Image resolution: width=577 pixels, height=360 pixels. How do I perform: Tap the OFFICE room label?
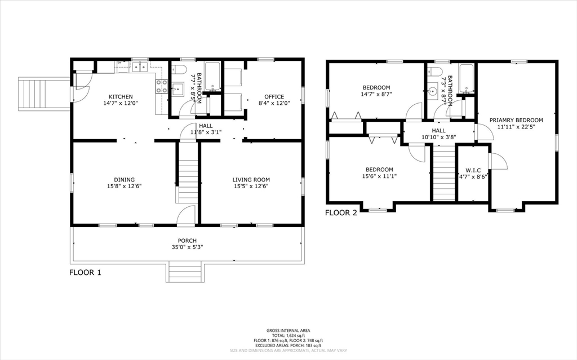click(x=274, y=97)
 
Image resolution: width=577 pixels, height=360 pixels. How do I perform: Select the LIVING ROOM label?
click(x=251, y=180)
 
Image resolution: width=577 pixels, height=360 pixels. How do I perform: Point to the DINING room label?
click(x=124, y=180)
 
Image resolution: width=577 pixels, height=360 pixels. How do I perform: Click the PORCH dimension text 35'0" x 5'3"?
click(x=187, y=247)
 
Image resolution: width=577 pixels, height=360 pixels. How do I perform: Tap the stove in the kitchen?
click(x=162, y=86)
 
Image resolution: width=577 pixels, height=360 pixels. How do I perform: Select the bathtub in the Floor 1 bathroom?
click(x=212, y=76)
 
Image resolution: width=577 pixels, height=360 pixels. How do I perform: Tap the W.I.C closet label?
click(x=473, y=171)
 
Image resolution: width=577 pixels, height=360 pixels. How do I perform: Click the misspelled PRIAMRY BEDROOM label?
click(x=516, y=120)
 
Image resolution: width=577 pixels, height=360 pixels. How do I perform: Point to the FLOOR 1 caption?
click(x=85, y=272)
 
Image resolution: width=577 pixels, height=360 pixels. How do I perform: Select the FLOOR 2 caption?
click(x=341, y=213)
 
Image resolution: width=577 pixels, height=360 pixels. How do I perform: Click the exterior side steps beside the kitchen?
click(x=44, y=94)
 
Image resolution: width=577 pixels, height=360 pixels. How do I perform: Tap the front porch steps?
click(x=185, y=272)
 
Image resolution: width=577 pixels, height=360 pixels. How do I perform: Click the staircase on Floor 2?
click(x=443, y=173)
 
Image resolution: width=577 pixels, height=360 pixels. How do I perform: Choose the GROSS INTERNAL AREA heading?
click(x=288, y=331)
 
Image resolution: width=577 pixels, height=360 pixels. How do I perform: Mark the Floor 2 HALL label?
click(x=438, y=130)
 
